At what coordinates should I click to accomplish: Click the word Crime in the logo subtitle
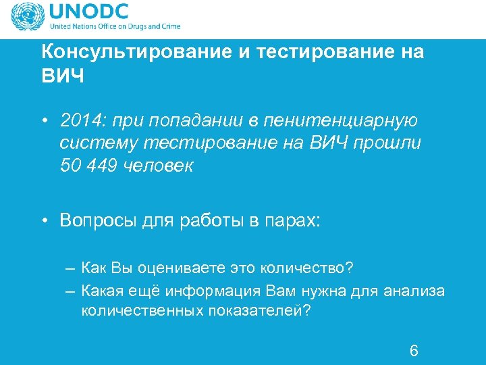pyautogui.click(x=169, y=27)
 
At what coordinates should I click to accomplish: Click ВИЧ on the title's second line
pyautogui.click(x=63, y=76)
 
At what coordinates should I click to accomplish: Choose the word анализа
pyautogui.click(x=414, y=291)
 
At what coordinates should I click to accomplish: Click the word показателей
pyautogui.click(x=260, y=312)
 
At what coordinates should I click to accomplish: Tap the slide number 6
pyautogui.click(x=414, y=350)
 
